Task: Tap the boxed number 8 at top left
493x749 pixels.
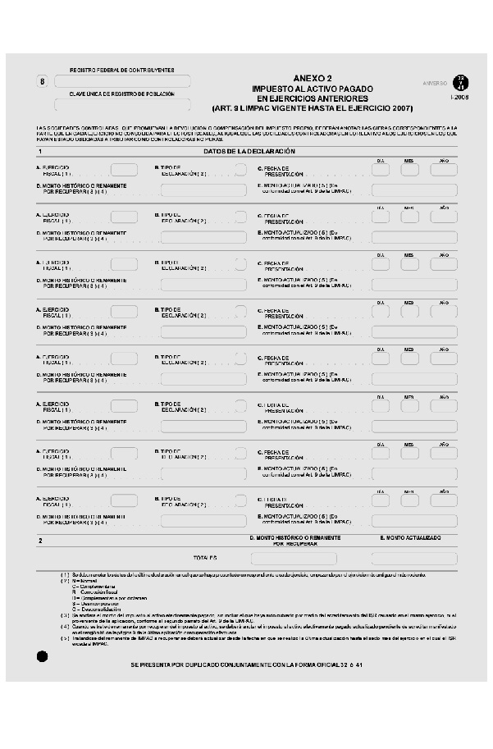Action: click(43, 81)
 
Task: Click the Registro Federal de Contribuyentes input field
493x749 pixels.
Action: click(122, 81)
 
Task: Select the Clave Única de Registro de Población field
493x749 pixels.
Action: click(122, 104)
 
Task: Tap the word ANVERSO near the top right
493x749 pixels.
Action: click(435, 83)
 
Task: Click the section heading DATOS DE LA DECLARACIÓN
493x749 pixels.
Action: click(238, 152)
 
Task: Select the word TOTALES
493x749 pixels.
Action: click(205, 558)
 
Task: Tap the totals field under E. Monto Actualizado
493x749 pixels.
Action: click(413, 558)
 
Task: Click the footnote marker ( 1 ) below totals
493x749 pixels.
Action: click(65, 574)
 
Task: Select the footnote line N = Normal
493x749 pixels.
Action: click(85, 581)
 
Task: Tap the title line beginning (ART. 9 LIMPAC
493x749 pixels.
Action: click(312, 108)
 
